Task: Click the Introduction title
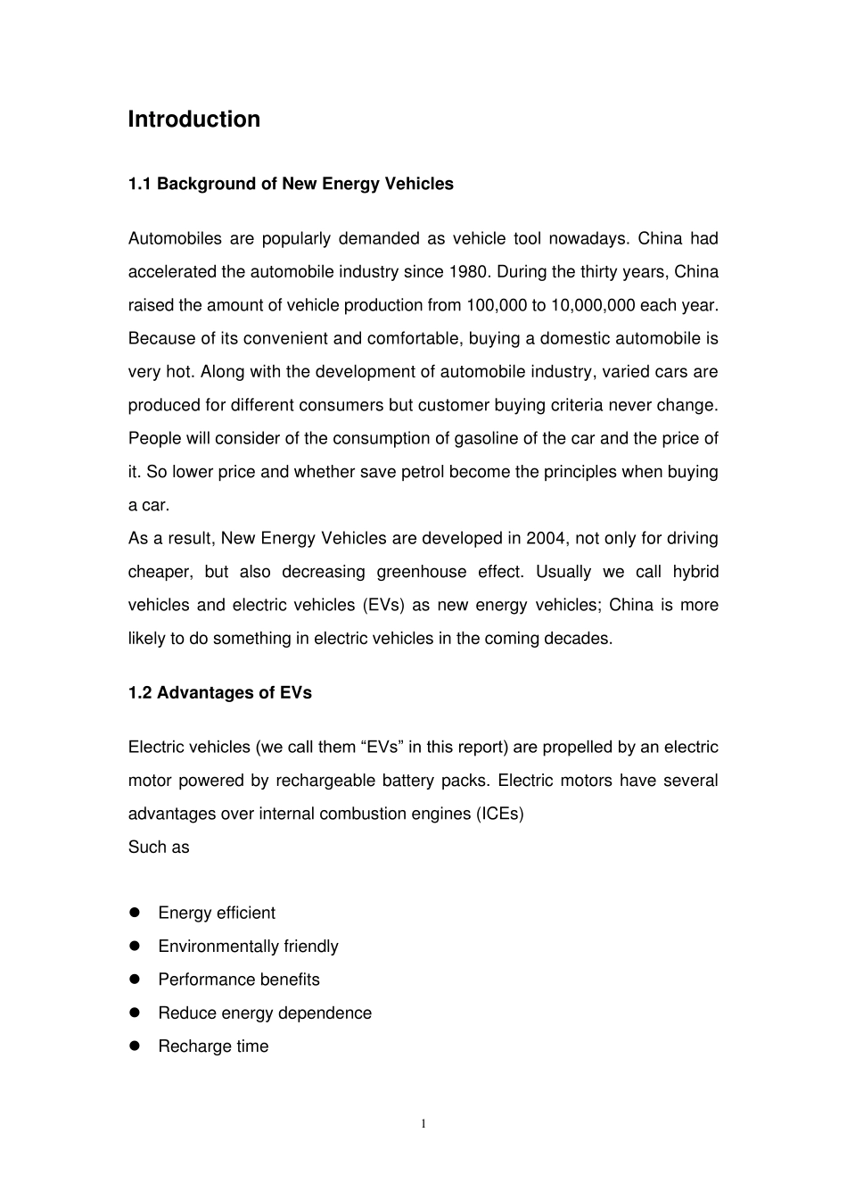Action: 193,120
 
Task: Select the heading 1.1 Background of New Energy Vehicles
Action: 291,184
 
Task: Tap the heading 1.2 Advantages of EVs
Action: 220,693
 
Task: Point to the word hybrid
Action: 695,572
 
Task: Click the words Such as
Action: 159,848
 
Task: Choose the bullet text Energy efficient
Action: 217,913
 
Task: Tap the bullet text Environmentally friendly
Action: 248,947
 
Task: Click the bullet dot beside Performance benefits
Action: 136,980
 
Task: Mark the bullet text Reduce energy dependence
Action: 265,1013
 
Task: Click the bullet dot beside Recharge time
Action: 136,1046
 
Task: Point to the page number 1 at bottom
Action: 423,1123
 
